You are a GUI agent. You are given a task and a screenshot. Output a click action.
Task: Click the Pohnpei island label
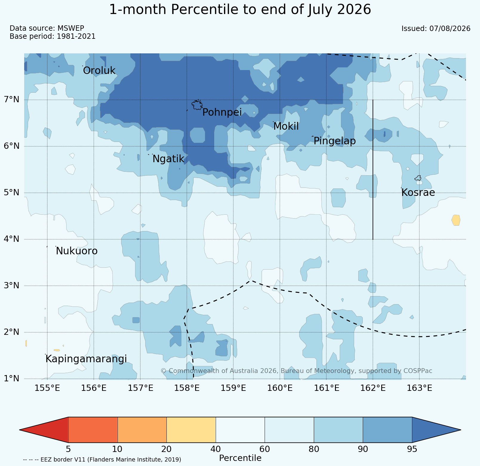point(222,112)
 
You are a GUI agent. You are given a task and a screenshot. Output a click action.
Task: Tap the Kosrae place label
point(418,193)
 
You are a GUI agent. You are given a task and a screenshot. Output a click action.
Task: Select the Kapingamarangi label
point(86,359)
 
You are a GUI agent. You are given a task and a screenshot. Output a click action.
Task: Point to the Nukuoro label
point(77,251)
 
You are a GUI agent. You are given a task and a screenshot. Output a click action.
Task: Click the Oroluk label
point(99,71)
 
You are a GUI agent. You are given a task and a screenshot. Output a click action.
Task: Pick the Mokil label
point(286,126)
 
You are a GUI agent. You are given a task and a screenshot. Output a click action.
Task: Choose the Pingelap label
point(334,141)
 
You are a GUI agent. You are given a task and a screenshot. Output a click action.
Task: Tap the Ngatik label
point(168,159)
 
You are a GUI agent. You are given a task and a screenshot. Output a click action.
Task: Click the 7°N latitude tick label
point(12,99)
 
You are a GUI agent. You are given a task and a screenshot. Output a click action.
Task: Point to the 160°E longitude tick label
point(280,388)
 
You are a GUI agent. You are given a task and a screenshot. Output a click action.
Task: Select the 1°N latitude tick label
point(12,378)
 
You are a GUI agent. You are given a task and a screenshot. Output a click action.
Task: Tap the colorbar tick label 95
point(412,449)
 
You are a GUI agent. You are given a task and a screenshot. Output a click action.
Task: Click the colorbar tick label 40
point(216,449)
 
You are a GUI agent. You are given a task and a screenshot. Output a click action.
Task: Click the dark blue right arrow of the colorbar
point(436,430)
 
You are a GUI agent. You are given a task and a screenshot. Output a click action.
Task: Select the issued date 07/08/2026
point(450,29)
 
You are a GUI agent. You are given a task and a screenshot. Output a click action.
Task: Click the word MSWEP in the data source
point(71,28)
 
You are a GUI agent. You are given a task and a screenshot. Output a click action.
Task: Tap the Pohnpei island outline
point(197,105)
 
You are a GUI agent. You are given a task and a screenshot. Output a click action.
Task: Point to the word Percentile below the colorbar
point(240,458)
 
